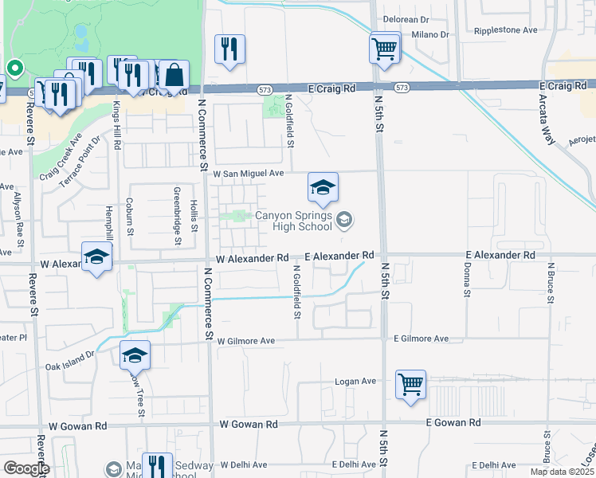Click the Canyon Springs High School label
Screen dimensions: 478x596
point(293,221)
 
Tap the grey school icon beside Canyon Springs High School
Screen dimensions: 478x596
point(344,219)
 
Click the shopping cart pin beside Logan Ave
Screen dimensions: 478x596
point(410,386)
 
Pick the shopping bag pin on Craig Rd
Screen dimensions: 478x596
point(174,76)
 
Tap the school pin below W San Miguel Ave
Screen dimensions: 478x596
point(323,188)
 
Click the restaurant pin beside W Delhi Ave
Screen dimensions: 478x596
point(157,467)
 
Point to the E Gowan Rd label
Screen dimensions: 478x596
point(453,422)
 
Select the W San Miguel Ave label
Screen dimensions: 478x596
point(248,173)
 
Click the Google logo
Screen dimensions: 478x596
point(26,468)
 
